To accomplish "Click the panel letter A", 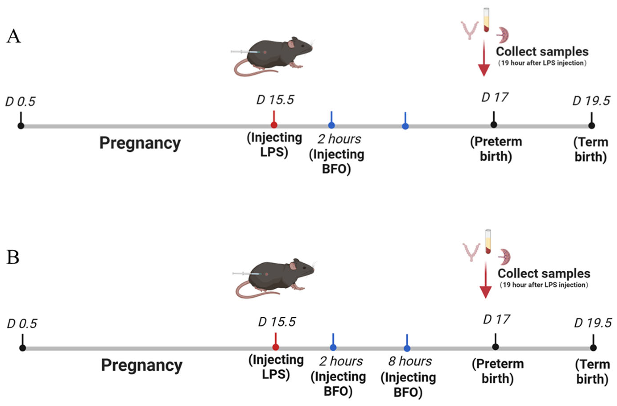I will pos(14,36).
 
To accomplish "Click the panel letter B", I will pos(13,258).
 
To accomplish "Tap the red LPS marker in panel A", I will pos(274,125).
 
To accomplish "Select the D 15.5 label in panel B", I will pos(277,322).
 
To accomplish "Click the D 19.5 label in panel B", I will pos(593,323).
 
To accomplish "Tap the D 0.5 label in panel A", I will pos(20,102).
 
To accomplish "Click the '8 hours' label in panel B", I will pos(410,361).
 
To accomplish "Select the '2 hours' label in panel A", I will pos(339,139).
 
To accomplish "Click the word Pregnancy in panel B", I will pos(142,365).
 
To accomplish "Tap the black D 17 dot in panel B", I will pos(495,347).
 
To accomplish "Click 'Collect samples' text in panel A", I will pos(542,52).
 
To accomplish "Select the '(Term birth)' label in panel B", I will pos(592,372).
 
